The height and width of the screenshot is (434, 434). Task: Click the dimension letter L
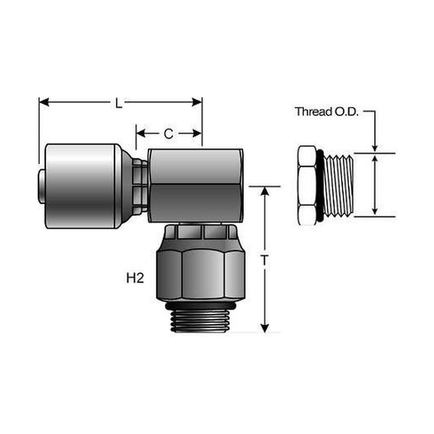119,103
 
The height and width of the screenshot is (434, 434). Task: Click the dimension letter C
168,133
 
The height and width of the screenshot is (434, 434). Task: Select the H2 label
135,278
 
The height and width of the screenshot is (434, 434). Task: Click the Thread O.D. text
326,112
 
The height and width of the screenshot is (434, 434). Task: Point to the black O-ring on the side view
319,185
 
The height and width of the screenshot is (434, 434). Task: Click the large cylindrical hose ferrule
81,185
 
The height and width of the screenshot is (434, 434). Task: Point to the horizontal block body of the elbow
195,184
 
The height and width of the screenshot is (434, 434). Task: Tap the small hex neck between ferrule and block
141,185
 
